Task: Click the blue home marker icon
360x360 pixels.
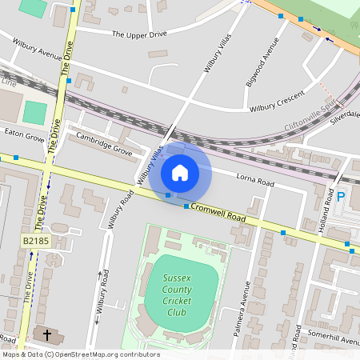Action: [x=180, y=172]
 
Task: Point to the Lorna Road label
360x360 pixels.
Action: [x=254, y=182]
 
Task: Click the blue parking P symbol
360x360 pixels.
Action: [x=341, y=197]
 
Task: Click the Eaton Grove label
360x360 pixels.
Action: [x=24, y=137]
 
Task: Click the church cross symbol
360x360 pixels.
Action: [x=47, y=334]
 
